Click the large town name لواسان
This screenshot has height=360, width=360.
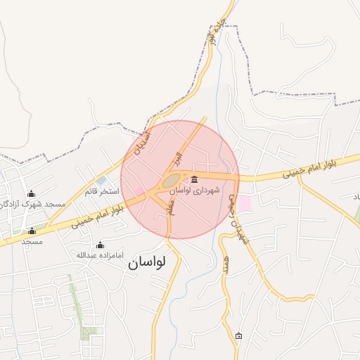coord(147,263)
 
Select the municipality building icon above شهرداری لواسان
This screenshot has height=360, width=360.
coord(194,179)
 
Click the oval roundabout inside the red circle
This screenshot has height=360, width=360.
coord(170,181)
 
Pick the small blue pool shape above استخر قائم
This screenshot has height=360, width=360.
coord(101,181)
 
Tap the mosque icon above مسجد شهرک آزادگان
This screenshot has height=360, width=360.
coord(31,193)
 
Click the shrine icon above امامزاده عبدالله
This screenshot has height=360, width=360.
coord(100,245)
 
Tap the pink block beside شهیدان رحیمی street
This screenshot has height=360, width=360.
coord(244,204)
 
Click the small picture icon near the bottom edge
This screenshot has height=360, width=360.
coord(238,335)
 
